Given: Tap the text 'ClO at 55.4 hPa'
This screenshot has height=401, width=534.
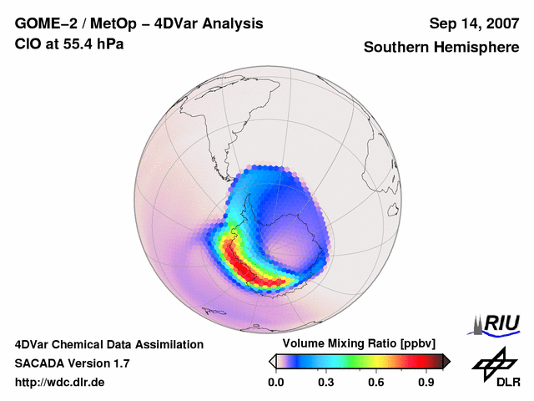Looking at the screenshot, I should (69, 43).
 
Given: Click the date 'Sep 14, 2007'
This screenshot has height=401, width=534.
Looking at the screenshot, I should (472, 23).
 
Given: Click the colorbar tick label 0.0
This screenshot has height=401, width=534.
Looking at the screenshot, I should (275, 383).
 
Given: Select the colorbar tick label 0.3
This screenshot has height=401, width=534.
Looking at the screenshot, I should (326, 383).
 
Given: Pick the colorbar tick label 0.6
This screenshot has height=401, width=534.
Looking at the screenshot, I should (376, 383).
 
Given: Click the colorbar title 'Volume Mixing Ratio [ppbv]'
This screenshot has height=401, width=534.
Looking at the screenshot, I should (355, 344).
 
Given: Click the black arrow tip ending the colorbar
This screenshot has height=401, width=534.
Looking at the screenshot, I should (446, 361).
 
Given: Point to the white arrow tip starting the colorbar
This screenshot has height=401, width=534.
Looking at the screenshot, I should (272, 361).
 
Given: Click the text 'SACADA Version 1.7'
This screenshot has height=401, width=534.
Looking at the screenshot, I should (72, 363).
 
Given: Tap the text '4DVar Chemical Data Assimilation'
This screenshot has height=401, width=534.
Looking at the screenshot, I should (108, 344).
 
